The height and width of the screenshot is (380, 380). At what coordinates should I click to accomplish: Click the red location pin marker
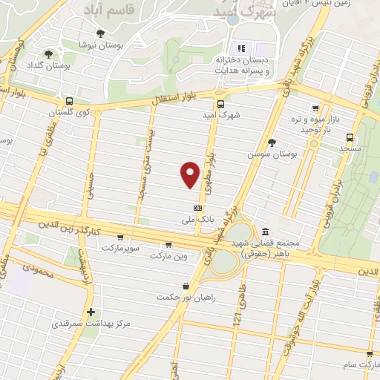(x=190, y=174)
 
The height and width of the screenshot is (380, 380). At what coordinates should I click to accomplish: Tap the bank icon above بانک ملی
(x=197, y=209)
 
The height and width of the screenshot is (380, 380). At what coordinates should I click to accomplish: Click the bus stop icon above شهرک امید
(x=220, y=104)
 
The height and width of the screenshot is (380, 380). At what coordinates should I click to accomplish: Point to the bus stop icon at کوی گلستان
(x=69, y=102)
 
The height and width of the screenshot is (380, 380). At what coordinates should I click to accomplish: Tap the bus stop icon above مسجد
(x=349, y=137)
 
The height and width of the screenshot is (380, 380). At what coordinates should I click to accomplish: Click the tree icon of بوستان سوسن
(x=272, y=142)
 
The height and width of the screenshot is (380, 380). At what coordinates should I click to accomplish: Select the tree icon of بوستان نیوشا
(x=111, y=34)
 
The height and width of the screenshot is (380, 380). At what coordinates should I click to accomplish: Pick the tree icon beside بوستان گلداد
(x=49, y=54)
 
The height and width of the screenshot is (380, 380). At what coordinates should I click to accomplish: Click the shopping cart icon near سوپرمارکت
(x=168, y=244)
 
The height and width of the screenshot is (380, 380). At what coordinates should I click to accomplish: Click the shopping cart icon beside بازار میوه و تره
(x=315, y=108)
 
